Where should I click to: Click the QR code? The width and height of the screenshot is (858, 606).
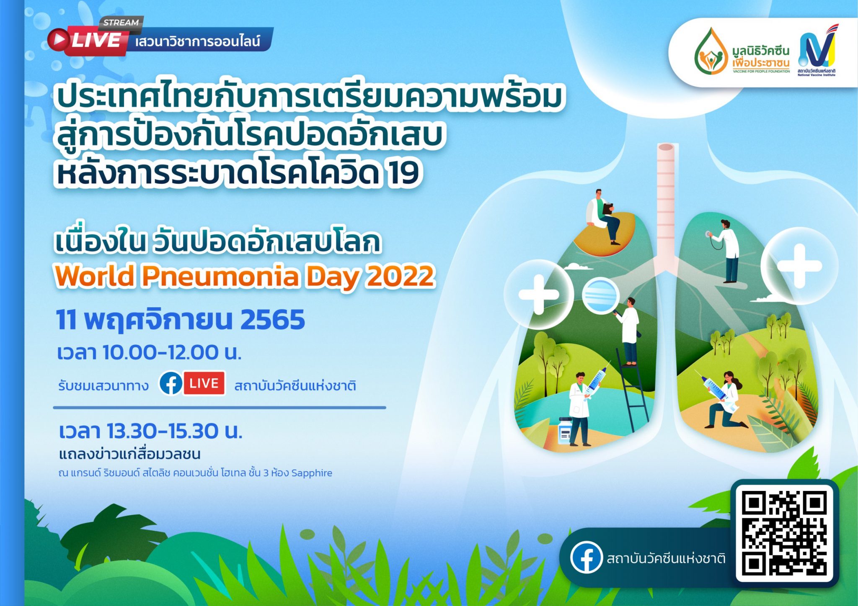[x=785, y=533]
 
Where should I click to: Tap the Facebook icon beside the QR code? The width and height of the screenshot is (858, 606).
[x=587, y=557]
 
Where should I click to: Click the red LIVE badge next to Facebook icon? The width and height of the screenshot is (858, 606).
[x=204, y=383]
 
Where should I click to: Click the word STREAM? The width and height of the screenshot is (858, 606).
[x=121, y=23]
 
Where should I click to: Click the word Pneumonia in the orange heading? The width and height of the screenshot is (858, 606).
[x=221, y=276]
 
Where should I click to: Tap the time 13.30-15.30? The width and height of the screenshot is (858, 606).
[x=163, y=431]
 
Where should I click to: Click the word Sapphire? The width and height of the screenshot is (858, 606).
[x=312, y=473]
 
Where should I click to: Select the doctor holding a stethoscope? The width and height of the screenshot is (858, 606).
[x=726, y=251]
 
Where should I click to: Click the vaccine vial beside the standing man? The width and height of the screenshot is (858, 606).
[x=565, y=431]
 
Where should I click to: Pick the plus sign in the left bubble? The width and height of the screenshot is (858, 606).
[x=539, y=294]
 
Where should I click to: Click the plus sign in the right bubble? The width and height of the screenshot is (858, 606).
[x=799, y=266]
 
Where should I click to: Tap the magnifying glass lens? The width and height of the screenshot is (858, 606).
[x=600, y=295]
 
